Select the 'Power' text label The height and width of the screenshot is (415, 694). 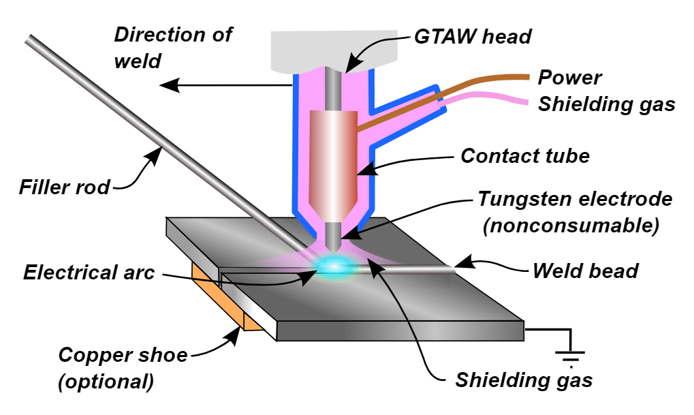569,77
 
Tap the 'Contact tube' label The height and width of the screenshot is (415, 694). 524,156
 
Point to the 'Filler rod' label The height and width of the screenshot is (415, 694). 65,186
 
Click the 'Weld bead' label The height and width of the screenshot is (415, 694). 585,271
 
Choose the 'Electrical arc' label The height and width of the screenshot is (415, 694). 89,273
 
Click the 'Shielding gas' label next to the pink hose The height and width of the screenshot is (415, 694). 606,104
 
